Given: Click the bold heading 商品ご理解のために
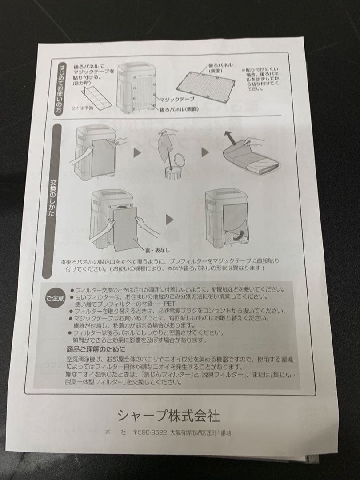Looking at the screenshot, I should [96, 349].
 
